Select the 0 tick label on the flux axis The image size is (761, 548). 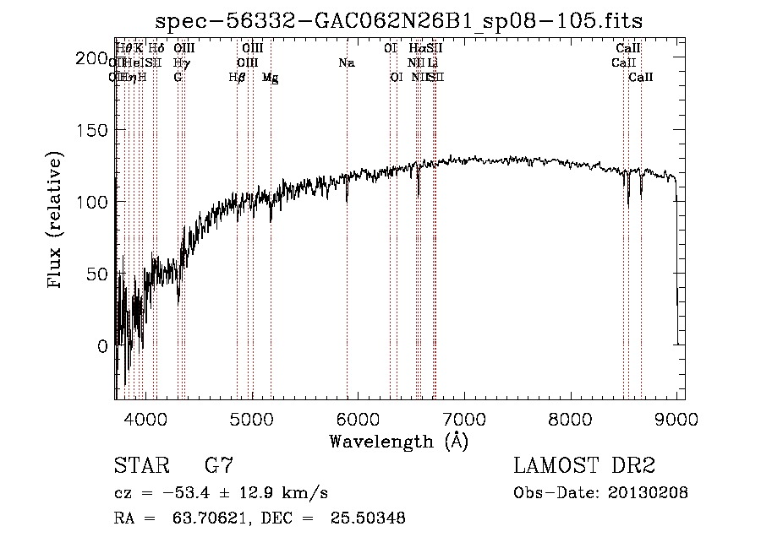pyautogui.click(x=103, y=346)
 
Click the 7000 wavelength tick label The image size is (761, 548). pyautogui.click(x=465, y=416)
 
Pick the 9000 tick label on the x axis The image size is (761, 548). pyautogui.click(x=676, y=416)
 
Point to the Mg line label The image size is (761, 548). pyautogui.click(x=270, y=78)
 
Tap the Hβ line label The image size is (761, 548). pyautogui.click(x=237, y=78)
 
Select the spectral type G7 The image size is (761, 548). pyautogui.click(x=218, y=466)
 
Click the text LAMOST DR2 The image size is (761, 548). pyautogui.click(x=584, y=466)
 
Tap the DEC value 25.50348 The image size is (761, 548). pyautogui.click(x=370, y=519)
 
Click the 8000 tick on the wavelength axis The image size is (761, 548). pyautogui.click(x=571, y=416)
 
